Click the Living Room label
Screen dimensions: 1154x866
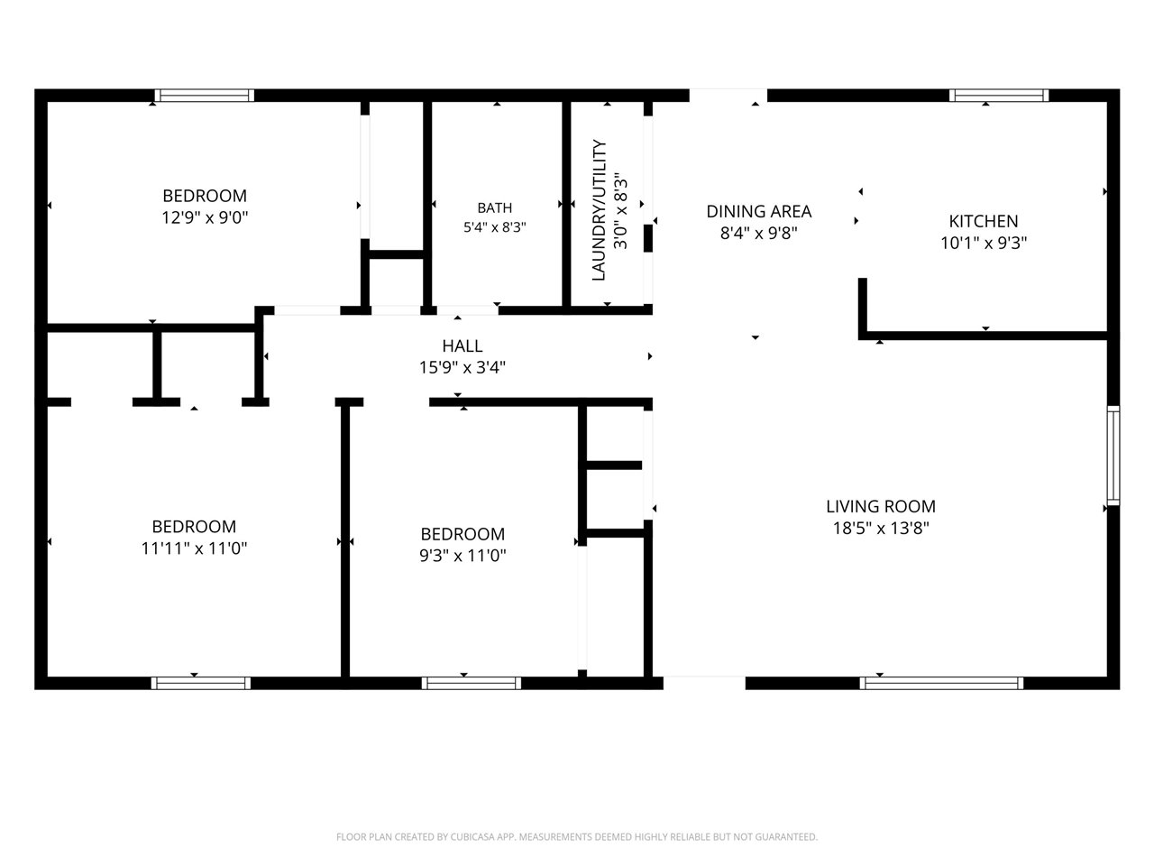pyautogui.click(x=881, y=506)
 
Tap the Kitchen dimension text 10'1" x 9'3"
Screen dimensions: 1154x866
pyautogui.click(x=984, y=243)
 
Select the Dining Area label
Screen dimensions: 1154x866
pyautogui.click(x=758, y=211)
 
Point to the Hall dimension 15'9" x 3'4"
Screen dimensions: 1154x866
pyautogui.click(x=463, y=367)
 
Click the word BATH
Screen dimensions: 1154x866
pyautogui.click(x=495, y=207)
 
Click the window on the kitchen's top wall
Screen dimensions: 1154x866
pyautogui.click(x=998, y=96)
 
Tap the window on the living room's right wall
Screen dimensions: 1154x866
pyautogui.click(x=1113, y=455)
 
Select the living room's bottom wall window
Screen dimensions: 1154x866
pyautogui.click(x=941, y=683)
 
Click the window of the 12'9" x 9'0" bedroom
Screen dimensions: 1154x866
pyautogui.click(x=205, y=96)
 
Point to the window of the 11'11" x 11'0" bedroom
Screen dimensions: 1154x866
pyautogui.click(x=201, y=683)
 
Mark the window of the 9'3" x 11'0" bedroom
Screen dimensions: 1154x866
pyautogui.click(x=471, y=683)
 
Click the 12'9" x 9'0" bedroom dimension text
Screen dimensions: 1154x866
pyautogui.click(x=205, y=217)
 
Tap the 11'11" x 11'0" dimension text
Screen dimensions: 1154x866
pyautogui.click(x=194, y=548)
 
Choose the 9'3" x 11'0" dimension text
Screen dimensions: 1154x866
pyautogui.click(x=463, y=556)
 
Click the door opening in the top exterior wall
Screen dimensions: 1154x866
pyautogui.click(x=728, y=96)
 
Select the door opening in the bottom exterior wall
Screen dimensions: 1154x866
pyautogui.click(x=704, y=683)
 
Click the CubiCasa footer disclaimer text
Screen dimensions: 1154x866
pyautogui.click(x=577, y=836)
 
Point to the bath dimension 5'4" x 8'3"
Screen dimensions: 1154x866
pyautogui.click(x=495, y=227)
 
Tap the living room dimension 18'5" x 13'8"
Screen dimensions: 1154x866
pyautogui.click(x=881, y=528)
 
